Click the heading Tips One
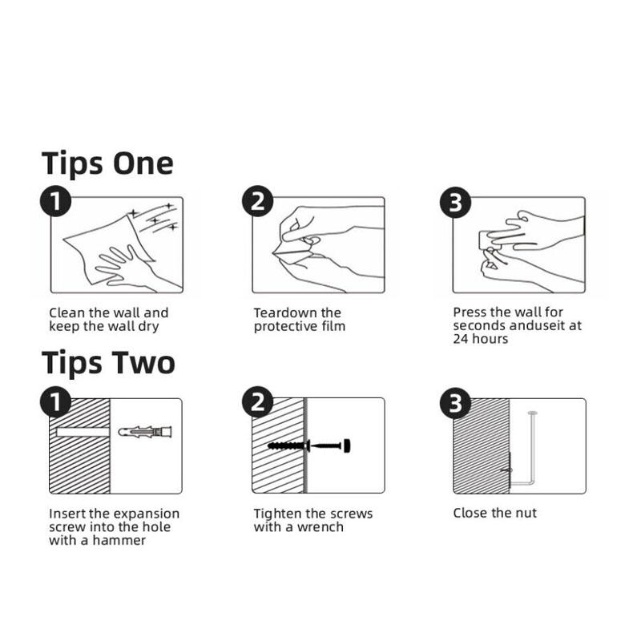(107, 164)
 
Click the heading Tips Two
(108, 363)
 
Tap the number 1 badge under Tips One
(55, 202)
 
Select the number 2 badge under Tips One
(257, 202)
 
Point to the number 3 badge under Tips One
(455, 203)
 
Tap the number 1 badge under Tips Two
(55, 402)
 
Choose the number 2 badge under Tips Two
(257, 402)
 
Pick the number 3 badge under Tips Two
(455, 403)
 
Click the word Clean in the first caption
(67, 312)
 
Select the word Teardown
(285, 312)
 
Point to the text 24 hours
(480, 338)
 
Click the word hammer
(119, 540)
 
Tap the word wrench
(320, 527)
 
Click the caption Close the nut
(494, 513)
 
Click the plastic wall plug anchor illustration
(145, 432)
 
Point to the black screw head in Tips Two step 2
(346, 445)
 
